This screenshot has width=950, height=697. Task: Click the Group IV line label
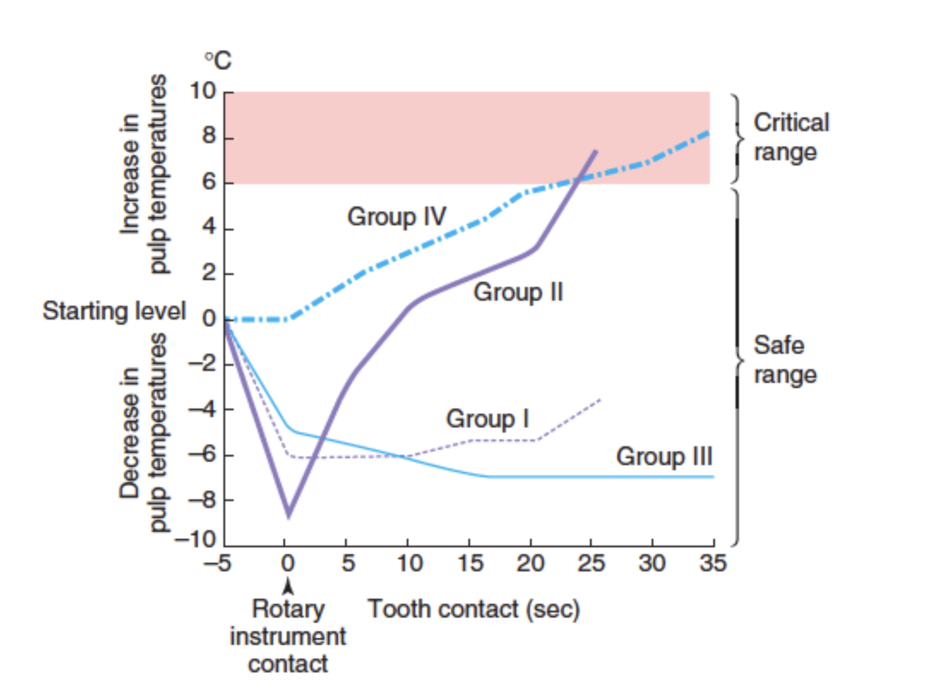[x=396, y=216]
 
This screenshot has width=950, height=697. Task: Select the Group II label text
[x=518, y=292]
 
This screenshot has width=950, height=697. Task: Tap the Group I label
[x=487, y=419]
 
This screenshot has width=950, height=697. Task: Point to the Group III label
[x=664, y=456]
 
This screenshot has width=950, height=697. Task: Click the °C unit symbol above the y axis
[x=218, y=60]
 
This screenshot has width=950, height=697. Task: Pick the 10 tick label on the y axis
[x=202, y=91]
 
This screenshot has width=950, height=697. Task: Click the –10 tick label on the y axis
[x=196, y=540]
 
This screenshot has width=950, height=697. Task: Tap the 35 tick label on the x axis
[x=713, y=563]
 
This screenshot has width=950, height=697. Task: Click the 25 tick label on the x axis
[x=591, y=563]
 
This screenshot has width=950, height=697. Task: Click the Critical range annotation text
[x=791, y=137]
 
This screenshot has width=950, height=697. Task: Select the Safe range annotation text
[x=785, y=360]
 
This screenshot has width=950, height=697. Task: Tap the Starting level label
[x=114, y=311]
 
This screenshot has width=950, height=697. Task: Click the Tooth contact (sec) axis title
[x=474, y=609]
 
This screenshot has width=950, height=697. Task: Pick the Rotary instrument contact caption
[x=288, y=636]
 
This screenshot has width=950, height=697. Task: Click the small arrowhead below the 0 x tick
[x=287, y=586]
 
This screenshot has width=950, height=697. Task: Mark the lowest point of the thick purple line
[x=288, y=516]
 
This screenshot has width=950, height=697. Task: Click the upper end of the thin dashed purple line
[x=600, y=399]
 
